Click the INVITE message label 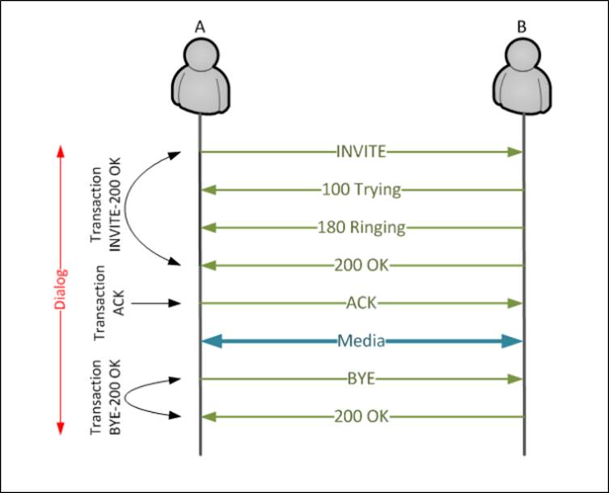click(361, 151)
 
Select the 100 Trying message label click(361, 190)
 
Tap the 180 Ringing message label click(361, 227)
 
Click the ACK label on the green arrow click(361, 303)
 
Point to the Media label click(361, 341)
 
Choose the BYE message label click(361, 379)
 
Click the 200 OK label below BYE click(361, 417)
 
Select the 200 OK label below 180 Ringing click(361, 265)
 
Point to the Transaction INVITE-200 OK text click(105, 207)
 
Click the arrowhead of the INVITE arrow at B click(515, 151)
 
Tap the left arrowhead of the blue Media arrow click(210, 341)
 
